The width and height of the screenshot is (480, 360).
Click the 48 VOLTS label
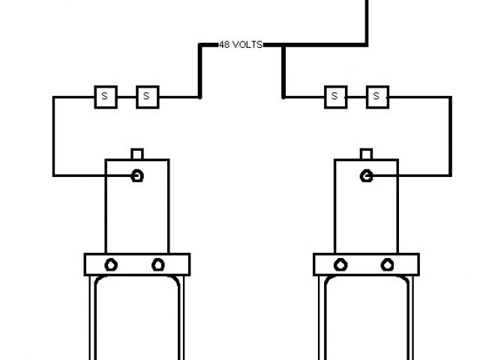tap(240, 45)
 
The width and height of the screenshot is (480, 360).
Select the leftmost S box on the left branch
tap(105, 96)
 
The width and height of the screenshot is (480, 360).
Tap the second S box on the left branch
tap(147, 96)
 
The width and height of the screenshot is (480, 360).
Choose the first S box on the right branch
tap(335, 96)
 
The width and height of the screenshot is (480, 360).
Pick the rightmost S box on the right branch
tap(377, 96)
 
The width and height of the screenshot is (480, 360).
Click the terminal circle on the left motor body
tap(137, 175)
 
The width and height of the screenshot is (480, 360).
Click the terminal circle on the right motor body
tap(367, 175)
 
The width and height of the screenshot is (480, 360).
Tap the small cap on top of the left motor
tap(136, 154)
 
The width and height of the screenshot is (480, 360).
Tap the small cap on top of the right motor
tap(366, 154)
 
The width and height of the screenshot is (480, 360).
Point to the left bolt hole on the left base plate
tap(111, 265)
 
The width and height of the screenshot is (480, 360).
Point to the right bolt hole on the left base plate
tap(158, 265)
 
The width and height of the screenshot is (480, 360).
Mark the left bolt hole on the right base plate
tap(340, 265)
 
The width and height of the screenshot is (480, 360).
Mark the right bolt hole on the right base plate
tap(388, 265)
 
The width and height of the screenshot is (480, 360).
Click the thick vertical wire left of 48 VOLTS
tap(200, 71)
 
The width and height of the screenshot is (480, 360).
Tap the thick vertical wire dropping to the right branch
tap(283, 71)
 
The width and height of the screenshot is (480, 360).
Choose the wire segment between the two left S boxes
tap(126, 97)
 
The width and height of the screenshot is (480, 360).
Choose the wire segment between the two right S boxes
tap(356, 97)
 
